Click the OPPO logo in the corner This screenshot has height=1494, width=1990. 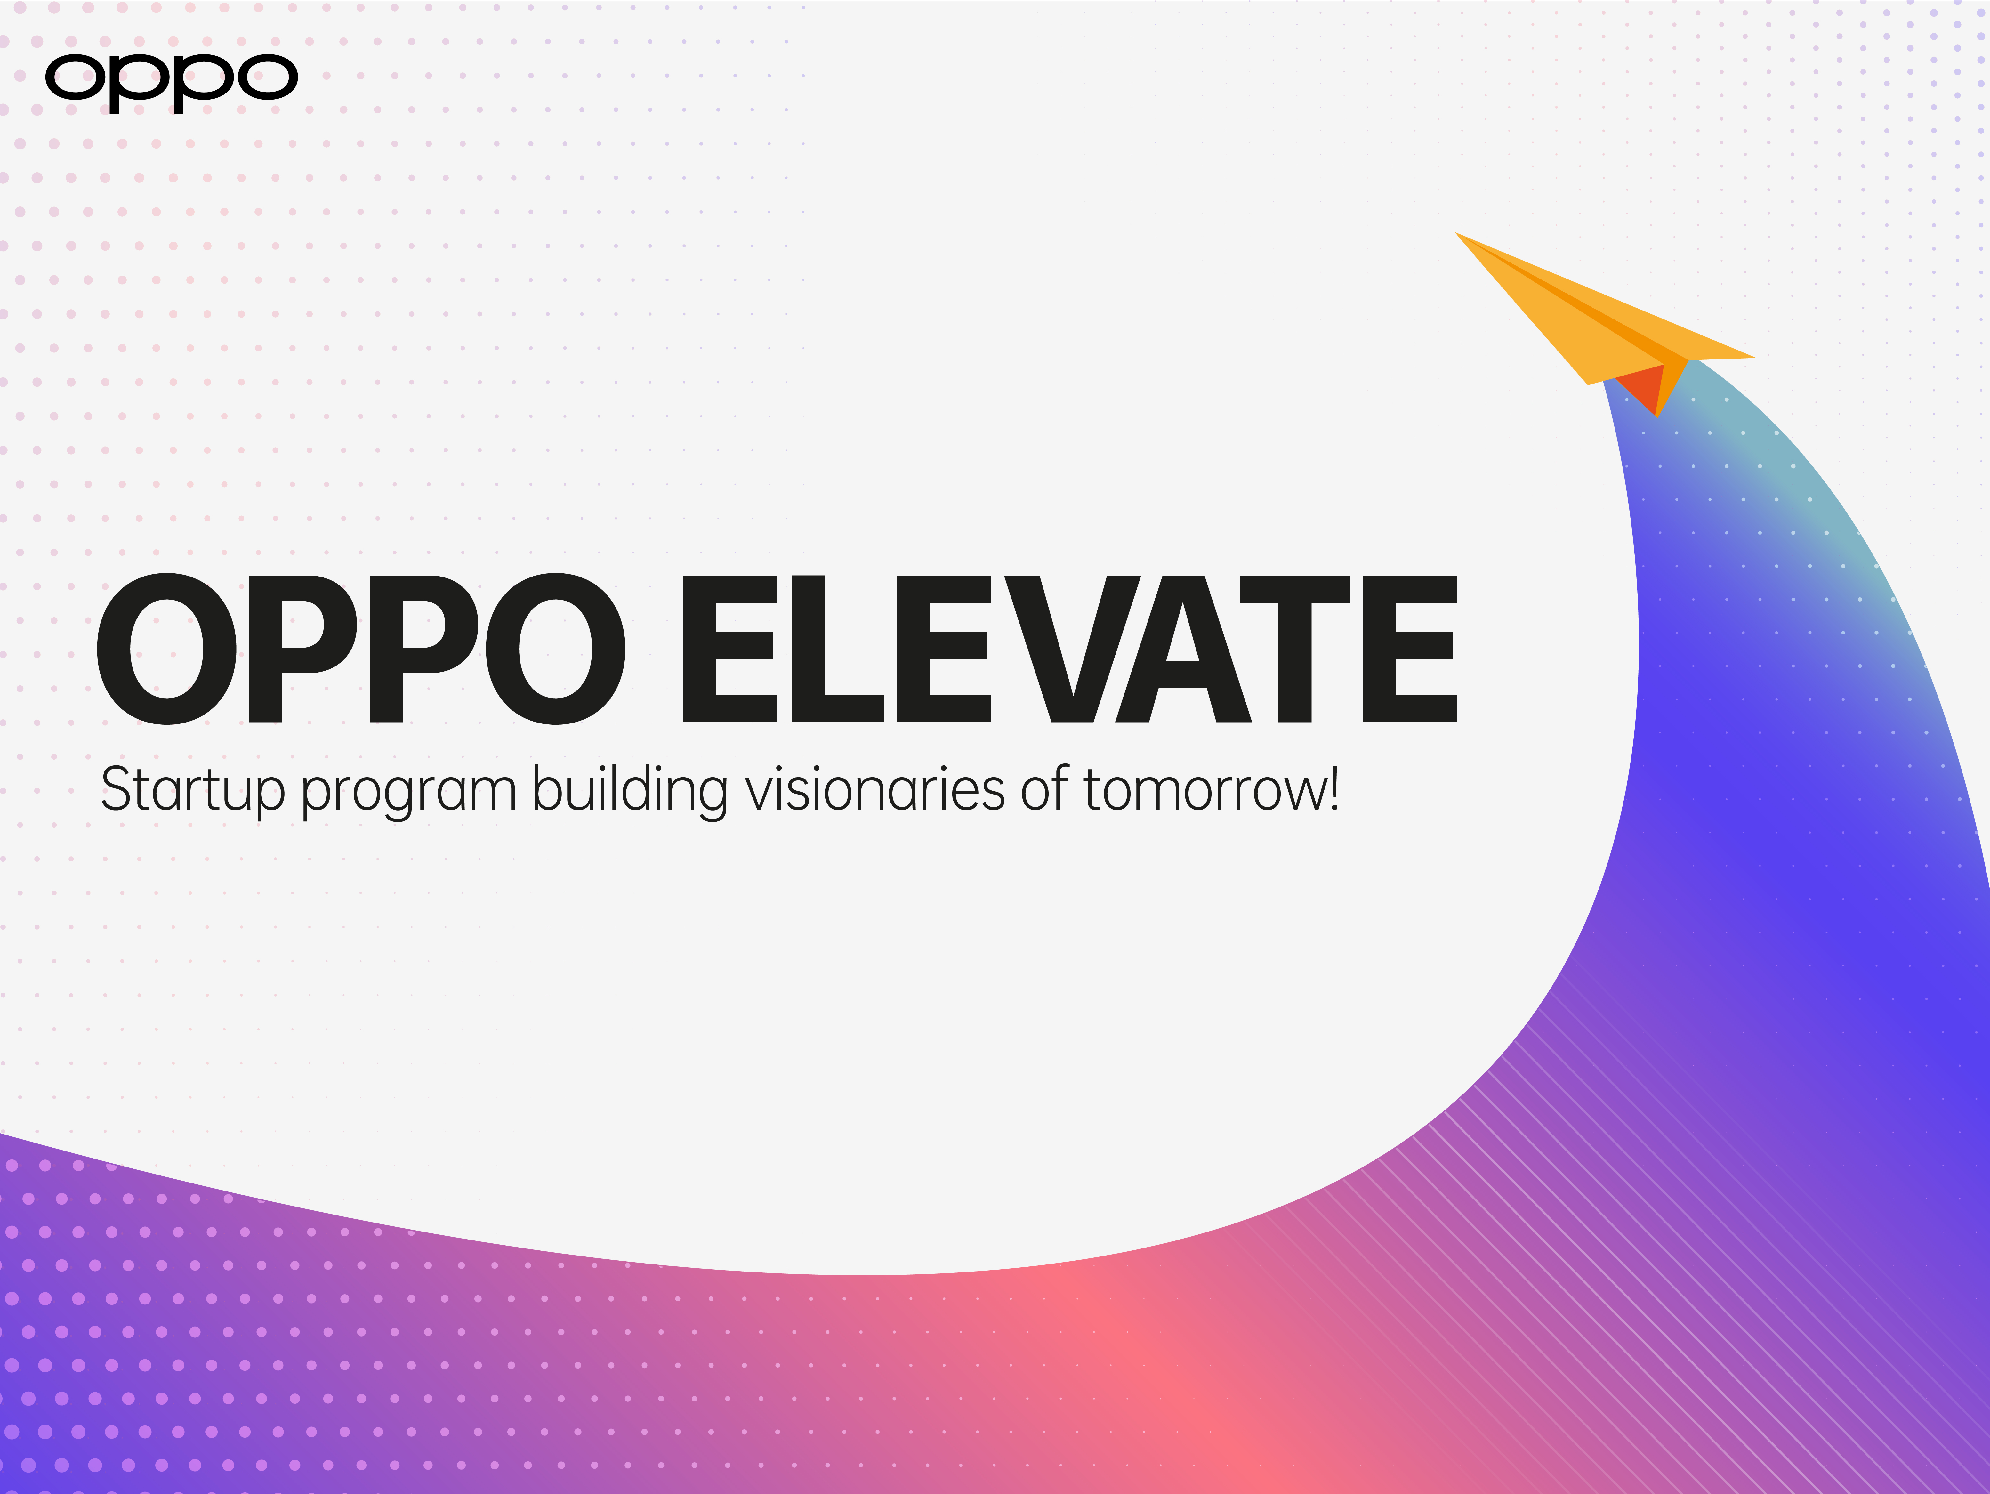(171, 81)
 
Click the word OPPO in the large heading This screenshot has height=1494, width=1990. (360, 650)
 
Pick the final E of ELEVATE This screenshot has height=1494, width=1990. (1408, 650)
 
